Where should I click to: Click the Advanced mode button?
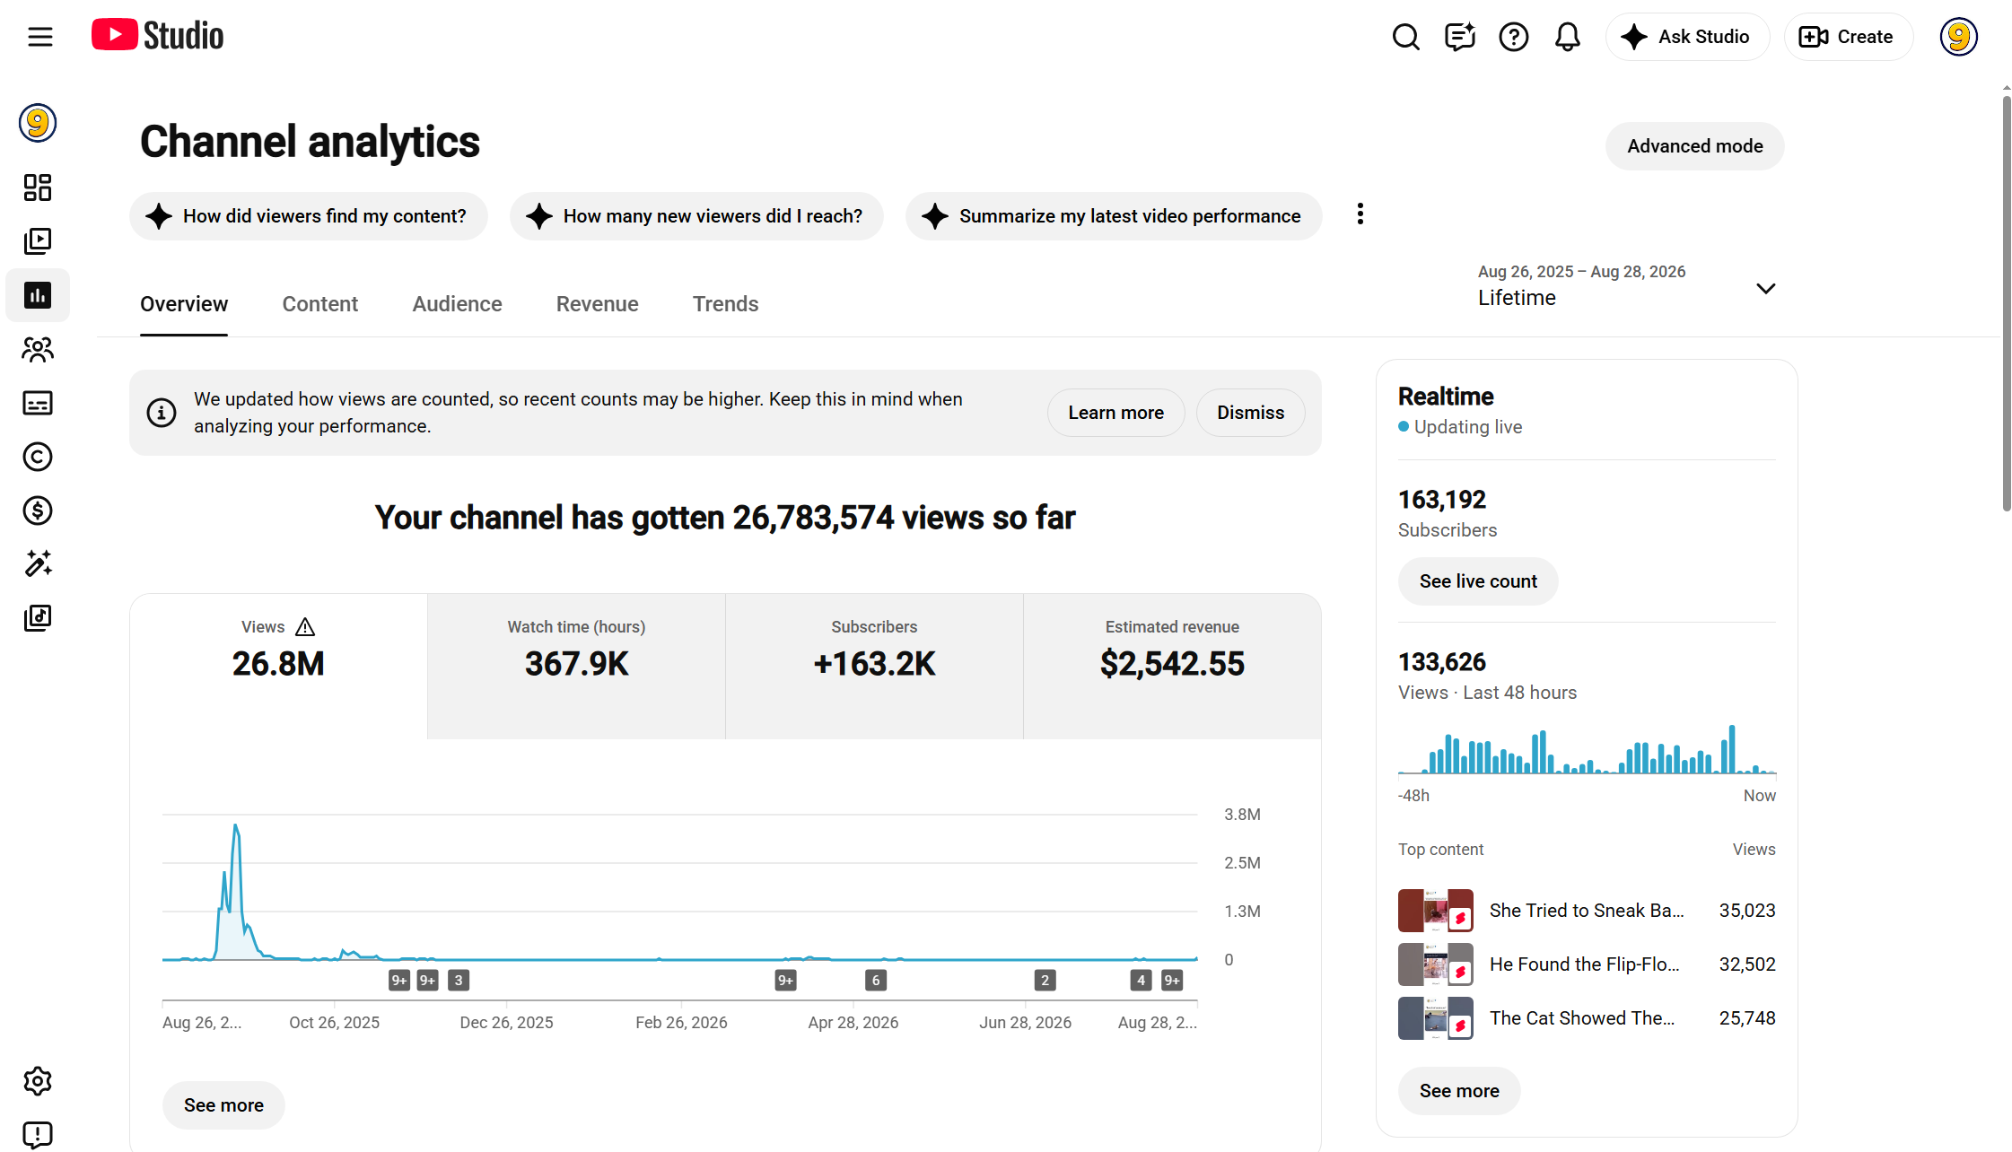click(x=1694, y=146)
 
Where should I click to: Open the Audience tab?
click(x=457, y=304)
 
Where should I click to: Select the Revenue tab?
click(x=597, y=304)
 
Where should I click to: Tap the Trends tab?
click(x=725, y=304)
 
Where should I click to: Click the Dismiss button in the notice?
click(x=1250, y=413)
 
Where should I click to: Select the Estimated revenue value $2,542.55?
click(x=1172, y=664)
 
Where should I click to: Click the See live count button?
click(x=1478, y=581)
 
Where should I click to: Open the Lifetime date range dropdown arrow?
click(x=1765, y=289)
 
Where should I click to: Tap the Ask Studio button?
click(x=1687, y=37)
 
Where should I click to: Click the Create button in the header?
click(x=1848, y=37)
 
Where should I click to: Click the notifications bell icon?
click(x=1567, y=37)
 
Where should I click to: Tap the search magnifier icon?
click(x=1405, y=37)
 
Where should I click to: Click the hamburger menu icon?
click(x=40, y=37)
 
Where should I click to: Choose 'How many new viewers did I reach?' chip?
click(x=696, y=216)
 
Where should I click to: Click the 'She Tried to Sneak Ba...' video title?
click(x=1586, y=911)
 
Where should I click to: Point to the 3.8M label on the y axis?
click(x=1242, y=815)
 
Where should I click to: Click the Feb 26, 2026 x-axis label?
click(x=681, y=1023)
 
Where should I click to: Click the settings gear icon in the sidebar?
click(x=38, y=1081)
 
